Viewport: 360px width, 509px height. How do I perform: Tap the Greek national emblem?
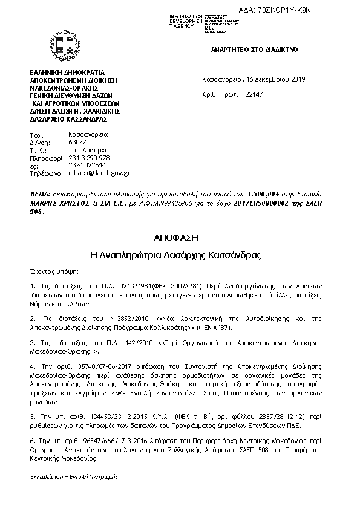point(61,44)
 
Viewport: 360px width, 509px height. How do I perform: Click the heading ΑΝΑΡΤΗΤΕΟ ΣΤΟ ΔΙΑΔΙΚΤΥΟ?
point(255,50)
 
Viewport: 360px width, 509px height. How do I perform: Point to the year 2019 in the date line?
point(299,79)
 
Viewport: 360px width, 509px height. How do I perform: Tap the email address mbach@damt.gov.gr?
point(99,172)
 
